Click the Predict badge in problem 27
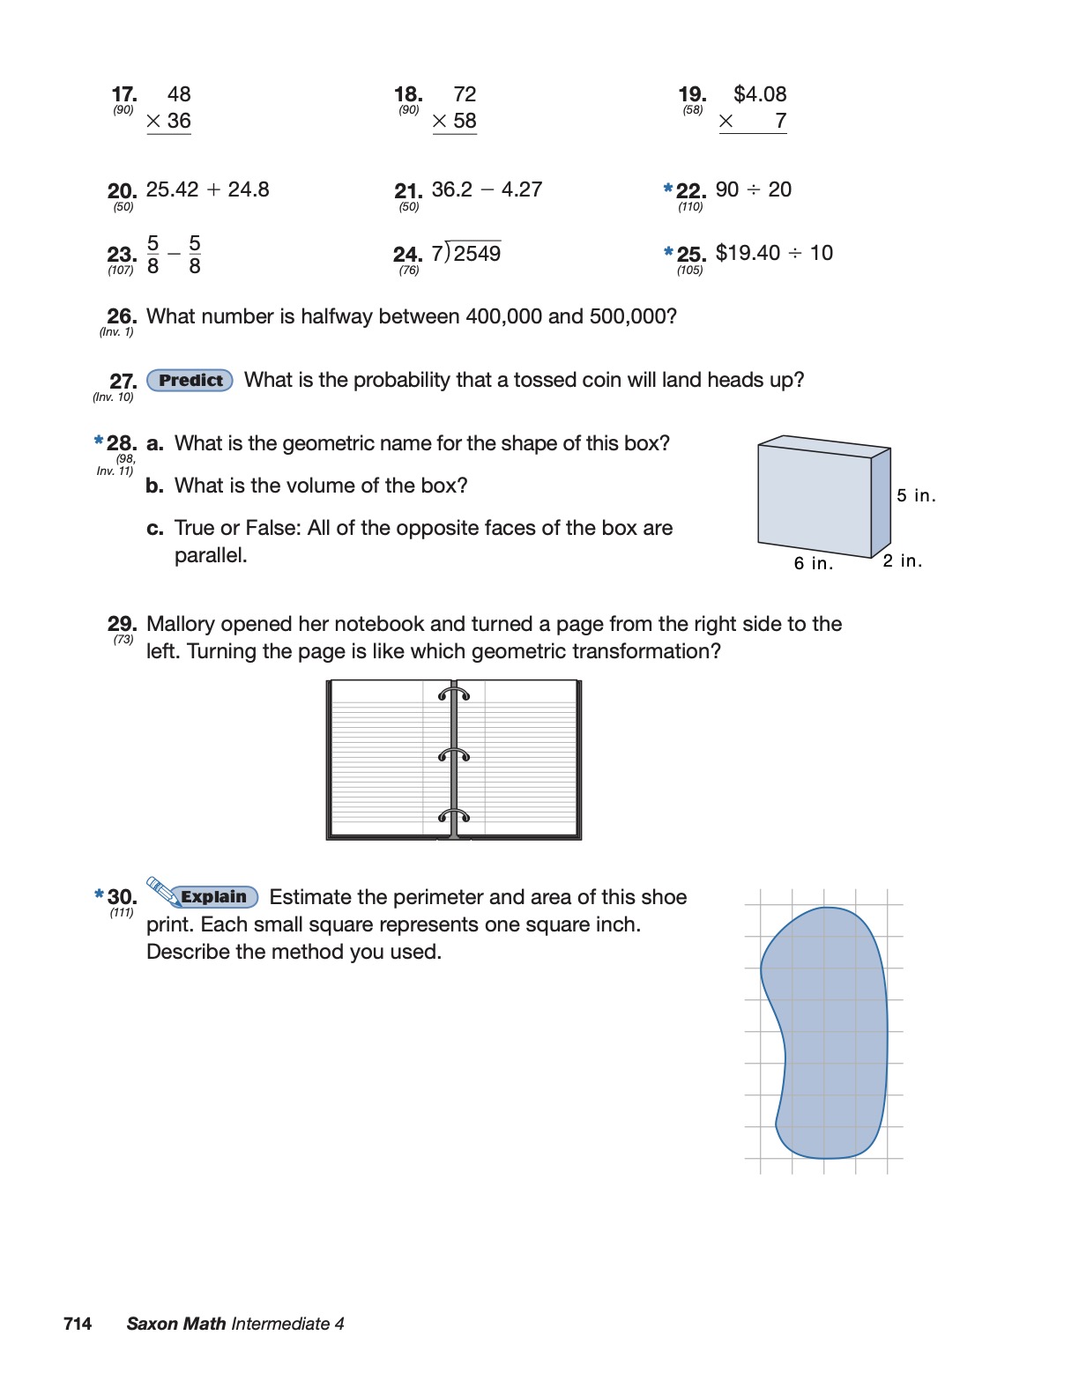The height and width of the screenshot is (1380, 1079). [190, 381]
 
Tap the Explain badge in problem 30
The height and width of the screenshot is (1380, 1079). [213, 897]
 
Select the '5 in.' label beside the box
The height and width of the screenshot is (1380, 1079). [916, 495]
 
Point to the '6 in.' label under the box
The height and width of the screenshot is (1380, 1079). [813, 563]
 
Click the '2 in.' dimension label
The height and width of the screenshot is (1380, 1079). [903, 560]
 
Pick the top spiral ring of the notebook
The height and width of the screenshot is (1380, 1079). [454, 694]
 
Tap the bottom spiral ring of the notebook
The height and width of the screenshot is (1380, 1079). [454, 815]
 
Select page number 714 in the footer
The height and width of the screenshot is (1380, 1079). [78, 1324]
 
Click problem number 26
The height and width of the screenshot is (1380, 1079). [122, 316]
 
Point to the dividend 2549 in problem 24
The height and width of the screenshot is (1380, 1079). [477, 254]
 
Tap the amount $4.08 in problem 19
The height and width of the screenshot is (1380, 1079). [760, 94]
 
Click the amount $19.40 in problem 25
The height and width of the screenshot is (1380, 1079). [748, 253]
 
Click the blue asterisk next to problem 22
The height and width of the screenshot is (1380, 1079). [668, 188]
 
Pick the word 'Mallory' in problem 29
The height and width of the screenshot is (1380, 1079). [183, 624]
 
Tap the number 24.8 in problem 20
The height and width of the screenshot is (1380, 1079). [249, 189]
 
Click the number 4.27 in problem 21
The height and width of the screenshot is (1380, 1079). [522, 189]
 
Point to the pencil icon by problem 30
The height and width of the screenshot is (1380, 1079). [160, 890]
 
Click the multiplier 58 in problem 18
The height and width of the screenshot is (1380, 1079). [465, 121]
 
